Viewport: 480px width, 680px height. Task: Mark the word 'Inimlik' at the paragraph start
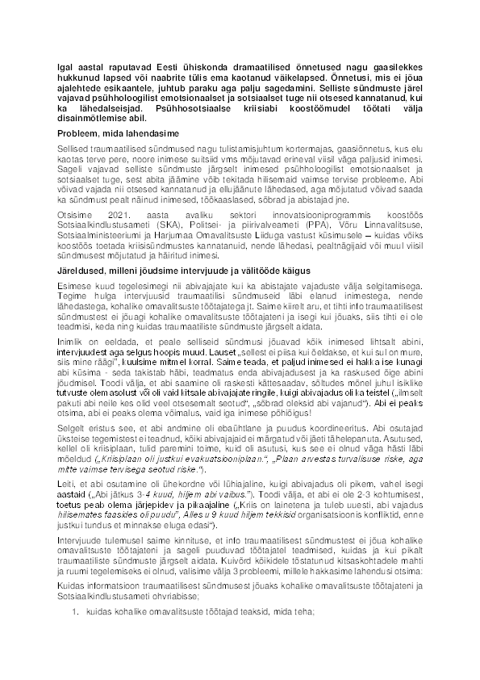tap(71, 347)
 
